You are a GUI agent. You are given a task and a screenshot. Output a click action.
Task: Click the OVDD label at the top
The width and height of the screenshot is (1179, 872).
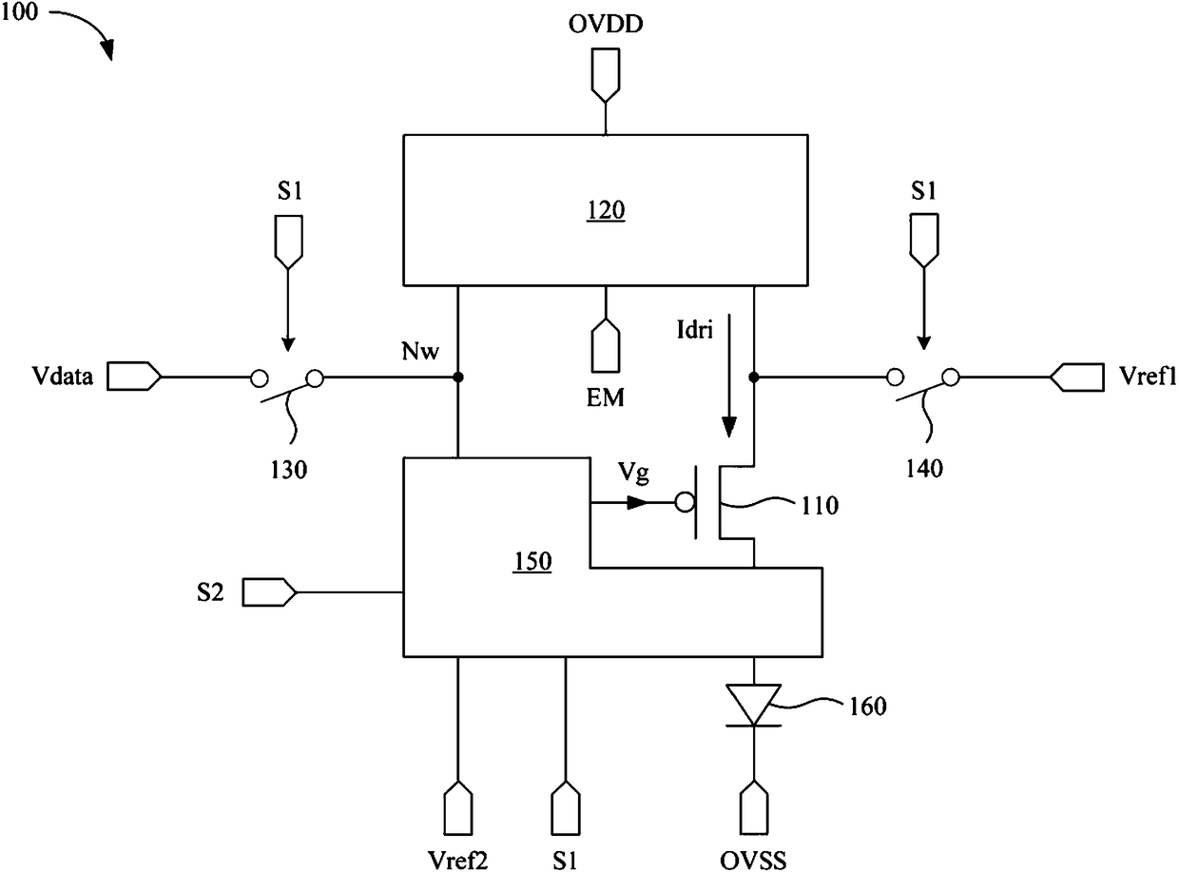pyautogui.click(x=606, y=25)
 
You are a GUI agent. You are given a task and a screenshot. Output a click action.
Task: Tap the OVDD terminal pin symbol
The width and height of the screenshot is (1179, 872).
pyautogui.click(x=606, y=75)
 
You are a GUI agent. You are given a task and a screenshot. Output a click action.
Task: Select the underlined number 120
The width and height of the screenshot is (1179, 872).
pyautogui.click(x=606, y=210)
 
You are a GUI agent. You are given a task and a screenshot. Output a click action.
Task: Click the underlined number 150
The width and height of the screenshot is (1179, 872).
pyautogui.click(x=532, y=561)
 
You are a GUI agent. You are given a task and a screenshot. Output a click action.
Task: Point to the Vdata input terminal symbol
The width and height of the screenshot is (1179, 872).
pyautogui.click(x=134, y=377)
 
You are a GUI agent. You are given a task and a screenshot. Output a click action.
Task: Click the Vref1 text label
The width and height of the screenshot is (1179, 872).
pyautogui.click(x=1147, y=376)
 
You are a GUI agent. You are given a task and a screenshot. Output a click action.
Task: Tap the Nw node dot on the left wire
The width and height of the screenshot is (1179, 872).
pyautogui.click(x=458, y=378)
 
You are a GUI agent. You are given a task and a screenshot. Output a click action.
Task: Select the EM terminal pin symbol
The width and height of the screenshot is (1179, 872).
pyautogui.click(x=606, y=345)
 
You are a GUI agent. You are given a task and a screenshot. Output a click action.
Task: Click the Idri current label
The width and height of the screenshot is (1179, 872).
pyautogui.click(x=694, y=330)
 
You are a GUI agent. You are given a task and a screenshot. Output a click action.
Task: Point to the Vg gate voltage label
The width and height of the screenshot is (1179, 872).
pyautogui.click(x=633, y=473)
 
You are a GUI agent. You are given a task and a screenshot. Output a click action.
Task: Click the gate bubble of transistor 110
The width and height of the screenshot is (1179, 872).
pyautogui.click(x=685, y=502)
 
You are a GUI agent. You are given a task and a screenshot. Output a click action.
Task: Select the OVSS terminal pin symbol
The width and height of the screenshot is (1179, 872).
pyautogui.click(x=754, y=807)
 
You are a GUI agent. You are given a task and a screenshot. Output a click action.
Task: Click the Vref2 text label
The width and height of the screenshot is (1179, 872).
pyautogui.click(x=457, y=860)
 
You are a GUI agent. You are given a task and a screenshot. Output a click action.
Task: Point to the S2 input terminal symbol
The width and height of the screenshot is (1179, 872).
pyautogui.click(x=269, y=592)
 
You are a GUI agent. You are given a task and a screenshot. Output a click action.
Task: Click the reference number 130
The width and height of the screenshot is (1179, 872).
pyautogui.click(x=289, y=470)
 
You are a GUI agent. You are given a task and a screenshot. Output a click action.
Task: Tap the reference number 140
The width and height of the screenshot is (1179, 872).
pyautogui.click(x=924, y=469)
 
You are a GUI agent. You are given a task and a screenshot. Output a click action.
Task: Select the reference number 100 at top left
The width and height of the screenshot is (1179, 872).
pyautogui.click(x=20, y=11)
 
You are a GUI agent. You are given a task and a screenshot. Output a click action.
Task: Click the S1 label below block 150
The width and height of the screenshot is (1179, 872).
pyautogui.click(x=565, y=860)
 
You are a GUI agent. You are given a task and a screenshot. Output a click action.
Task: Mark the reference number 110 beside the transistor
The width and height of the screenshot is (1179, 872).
pyautogui.click(x=820, y=506)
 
